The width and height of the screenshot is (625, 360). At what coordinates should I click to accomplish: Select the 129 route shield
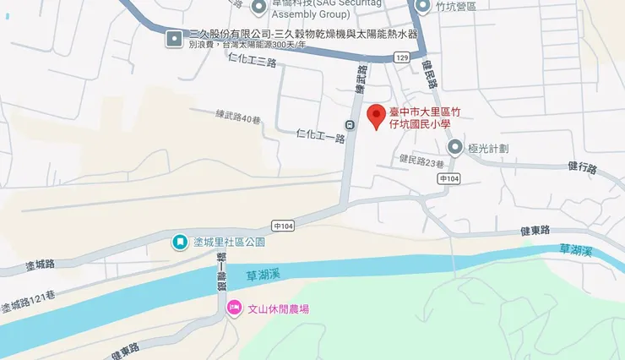point(401,57)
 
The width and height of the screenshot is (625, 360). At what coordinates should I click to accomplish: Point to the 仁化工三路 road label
point(253,61)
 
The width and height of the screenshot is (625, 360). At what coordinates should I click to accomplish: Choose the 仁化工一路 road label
point(322,137)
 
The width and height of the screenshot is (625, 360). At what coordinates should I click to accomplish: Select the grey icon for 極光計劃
point(455,149)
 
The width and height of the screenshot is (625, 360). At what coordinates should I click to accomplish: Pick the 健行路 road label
point(582,167)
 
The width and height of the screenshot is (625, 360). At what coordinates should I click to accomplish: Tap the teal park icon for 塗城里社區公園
point(179,243)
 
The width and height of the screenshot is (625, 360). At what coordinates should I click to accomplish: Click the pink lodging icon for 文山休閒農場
point(233,309)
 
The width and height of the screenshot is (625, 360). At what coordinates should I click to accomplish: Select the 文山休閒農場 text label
point(277,309)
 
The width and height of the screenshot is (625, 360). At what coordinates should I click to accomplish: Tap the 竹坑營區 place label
point(457,7)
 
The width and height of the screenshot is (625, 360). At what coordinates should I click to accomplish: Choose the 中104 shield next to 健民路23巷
point(449,179)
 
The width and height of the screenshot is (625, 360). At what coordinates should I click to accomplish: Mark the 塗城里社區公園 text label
point(229,243)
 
